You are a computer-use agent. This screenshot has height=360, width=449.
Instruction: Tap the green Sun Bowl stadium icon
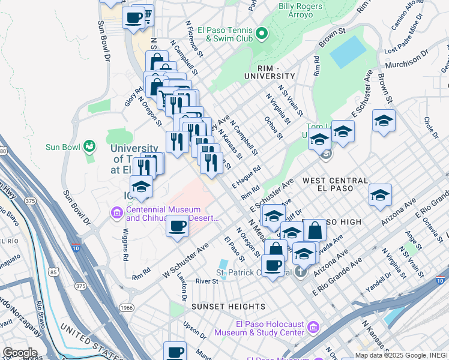pos(89,146)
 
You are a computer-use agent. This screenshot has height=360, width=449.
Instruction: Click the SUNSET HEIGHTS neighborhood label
pos(220,307)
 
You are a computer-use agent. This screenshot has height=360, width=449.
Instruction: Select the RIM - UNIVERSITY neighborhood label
pos(270,76)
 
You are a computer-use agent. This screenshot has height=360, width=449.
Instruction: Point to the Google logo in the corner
pos(20,352)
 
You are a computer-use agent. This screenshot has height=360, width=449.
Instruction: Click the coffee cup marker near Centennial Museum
pos(176,227)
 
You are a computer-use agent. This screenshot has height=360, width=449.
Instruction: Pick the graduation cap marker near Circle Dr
pos(384,122)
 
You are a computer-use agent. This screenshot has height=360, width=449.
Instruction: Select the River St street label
pos(206,281)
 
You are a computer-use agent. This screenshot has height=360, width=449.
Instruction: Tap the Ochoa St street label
pos(274,127)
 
